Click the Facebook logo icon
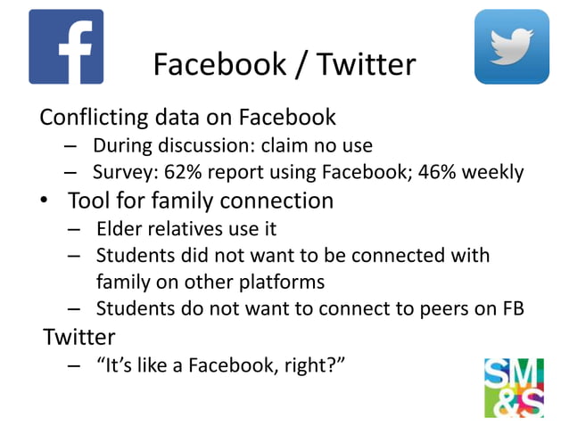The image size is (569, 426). (x=66, y=46)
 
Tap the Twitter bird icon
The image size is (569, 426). (x=511, y=46)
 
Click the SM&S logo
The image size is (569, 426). (x=513, y=387)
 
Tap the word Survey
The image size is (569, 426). (x=121, y=172)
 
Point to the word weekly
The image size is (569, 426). (x=494, y=172)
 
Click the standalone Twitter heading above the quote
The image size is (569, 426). (x=79, y=338)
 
